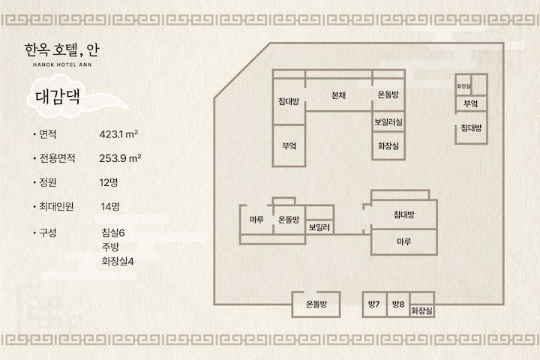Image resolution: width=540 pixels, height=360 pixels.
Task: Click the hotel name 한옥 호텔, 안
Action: [x=61, y=50]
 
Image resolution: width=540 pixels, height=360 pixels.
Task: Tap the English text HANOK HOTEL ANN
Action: [x=62, y=64]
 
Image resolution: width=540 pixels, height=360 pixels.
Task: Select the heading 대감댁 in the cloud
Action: [x=58, y=96]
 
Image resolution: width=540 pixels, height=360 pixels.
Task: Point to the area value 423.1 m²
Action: [x=118, y=134]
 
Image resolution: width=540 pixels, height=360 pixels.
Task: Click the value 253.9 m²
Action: [x=120, y=158]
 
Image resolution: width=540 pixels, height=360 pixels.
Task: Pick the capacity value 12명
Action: [x=109, y=182]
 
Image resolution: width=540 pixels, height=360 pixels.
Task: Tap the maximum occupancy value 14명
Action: [x=110, y=206]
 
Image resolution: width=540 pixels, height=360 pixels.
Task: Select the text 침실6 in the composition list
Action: [x=113, y=233]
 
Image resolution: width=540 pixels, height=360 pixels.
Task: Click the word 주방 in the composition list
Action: [x=110, y=247]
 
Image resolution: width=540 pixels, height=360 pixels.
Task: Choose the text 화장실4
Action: [x=118, y=261]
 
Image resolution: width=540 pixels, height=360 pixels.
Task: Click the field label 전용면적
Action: [x=57, y=158]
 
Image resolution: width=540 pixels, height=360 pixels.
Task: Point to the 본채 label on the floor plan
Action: [x=338, y=95]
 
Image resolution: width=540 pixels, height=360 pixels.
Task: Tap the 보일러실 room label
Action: [x=388, y=121]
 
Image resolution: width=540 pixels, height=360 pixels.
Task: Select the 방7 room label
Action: [x=373, y=304]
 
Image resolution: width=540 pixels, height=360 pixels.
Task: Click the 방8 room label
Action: [x=398, y=304]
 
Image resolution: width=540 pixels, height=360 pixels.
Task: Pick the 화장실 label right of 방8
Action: [x=421, y=310]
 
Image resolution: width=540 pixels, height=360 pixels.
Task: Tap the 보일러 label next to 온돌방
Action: [x=319, y=227]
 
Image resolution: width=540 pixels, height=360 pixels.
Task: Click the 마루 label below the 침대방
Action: [x=403, y=241]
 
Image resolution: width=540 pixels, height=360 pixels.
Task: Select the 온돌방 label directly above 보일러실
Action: [x=388, y=94]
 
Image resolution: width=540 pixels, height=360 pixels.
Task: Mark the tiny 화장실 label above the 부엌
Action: [x=464, y=86]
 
